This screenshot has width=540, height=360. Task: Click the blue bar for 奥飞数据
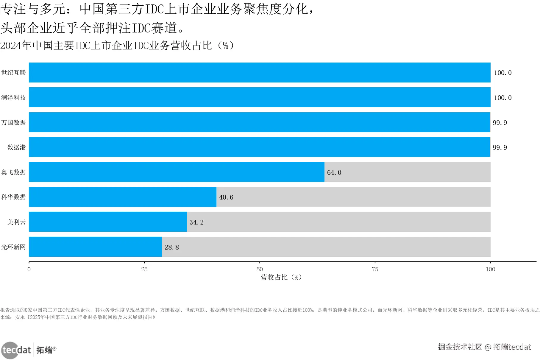tap(177, 172)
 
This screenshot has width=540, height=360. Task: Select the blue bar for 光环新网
tap(95, 247)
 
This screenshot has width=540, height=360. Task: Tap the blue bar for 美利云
tap(108, 222)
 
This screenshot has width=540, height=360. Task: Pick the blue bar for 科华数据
tap(123, 197)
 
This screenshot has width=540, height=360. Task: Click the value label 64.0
tap(334, 172)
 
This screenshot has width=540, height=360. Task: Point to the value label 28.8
tap(172, 247)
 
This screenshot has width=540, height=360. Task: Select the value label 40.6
tap(226, 197)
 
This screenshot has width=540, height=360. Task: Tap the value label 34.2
tap(196, 222)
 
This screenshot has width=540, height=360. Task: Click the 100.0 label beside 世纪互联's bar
tap(502, 73)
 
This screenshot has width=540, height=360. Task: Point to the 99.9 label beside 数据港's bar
tap(500, 147)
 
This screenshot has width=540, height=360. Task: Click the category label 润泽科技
tap(13, 98)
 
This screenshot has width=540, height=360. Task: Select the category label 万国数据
tap(13, 122)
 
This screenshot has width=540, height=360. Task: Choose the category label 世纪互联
tap(13, 73)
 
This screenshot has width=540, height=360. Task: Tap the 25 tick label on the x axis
tap(144, 269)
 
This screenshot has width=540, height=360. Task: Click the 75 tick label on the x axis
tap(375, 269)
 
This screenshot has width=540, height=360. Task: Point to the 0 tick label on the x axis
tap(29, 269)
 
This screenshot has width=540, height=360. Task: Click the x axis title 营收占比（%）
tap(281, 277)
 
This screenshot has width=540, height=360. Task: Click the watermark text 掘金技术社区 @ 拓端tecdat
tap(484, 347)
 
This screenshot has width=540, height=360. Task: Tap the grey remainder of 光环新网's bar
tap(326, 247)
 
